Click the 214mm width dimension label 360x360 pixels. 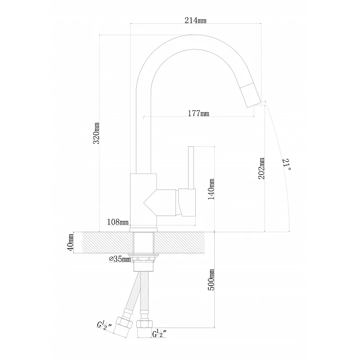195,20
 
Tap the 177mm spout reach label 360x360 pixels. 198,113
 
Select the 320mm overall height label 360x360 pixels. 96,133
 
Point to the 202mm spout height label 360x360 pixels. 262,168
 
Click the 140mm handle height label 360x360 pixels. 211,189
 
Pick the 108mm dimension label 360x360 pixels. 117,222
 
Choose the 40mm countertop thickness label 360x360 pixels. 71,243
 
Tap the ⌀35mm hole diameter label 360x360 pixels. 120,259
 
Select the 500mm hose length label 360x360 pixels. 211,279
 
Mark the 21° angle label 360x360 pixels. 287,164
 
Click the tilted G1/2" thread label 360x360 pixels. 104,326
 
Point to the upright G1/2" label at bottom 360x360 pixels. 159,334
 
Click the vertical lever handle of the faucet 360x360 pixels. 191,168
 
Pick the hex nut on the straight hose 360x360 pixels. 144,324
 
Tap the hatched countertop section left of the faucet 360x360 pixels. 108,243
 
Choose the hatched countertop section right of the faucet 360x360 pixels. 179,243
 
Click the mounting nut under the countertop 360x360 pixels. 144,257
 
